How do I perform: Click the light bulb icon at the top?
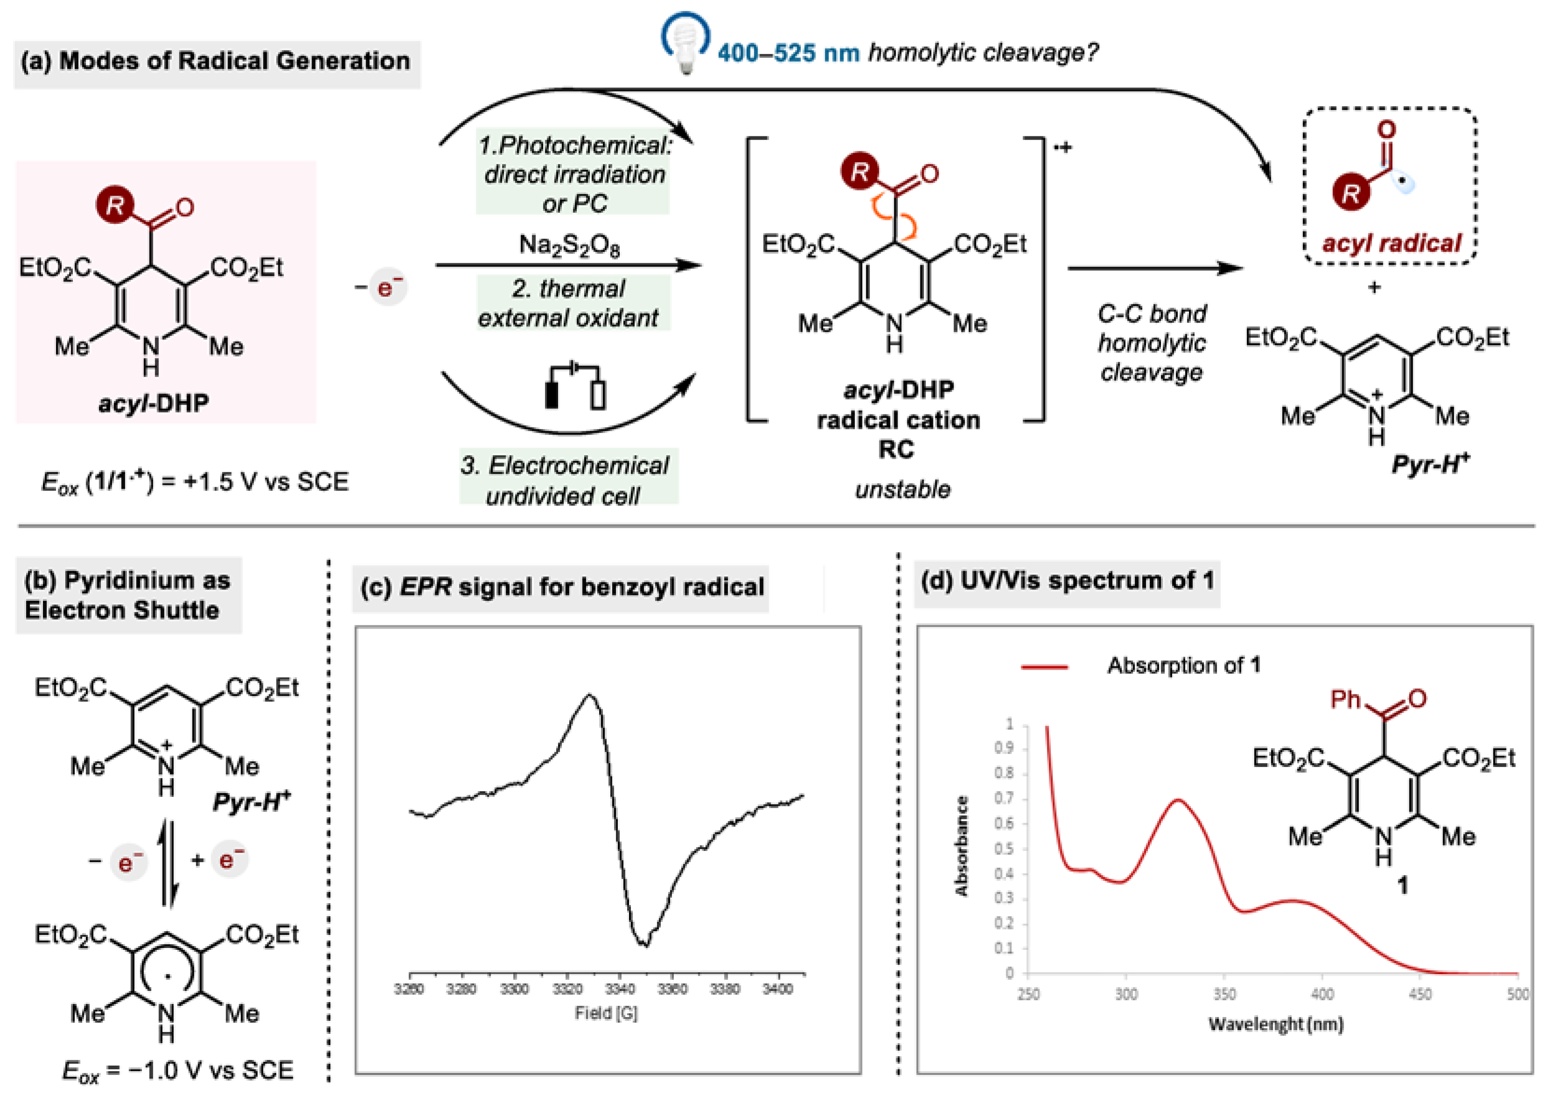(x=686, y=42)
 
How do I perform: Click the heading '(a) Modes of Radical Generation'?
(x=216, y=61)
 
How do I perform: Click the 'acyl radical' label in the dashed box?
(x=1391, y=243)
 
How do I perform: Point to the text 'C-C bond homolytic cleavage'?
(x=1152, y=343)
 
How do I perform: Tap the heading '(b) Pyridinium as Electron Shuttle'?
(x=127, y=595)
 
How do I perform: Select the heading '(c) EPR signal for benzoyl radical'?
(x=562, y=587)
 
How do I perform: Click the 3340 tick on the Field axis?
(x=619, y=989)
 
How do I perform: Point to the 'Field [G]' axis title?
(x=606, y=1013)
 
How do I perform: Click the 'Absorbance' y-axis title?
(x=961, y=846)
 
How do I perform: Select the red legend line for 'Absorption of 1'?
(x=1044, y=667)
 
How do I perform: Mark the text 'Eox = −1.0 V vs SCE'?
(x=178, y=1071)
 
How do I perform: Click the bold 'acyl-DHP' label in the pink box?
(x=154, y=403)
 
